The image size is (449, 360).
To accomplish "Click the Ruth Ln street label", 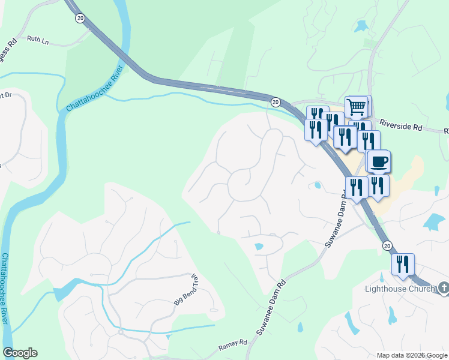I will click(x=37, y=40).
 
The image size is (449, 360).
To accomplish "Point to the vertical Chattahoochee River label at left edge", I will click(x=5, y=288).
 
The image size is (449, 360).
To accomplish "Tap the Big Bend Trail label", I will click(x=186, y=290).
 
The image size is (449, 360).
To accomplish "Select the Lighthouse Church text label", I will click(x=400, y=289).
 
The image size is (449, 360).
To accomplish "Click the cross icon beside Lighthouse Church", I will click(x=444, y=289).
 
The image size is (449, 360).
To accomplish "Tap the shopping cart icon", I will click(x=357, y=107).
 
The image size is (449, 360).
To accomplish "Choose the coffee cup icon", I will click(x=379, y=161).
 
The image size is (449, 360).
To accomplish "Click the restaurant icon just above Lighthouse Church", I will click(x=403, y=264).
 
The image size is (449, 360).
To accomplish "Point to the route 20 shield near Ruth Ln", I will click(x=80, y=19).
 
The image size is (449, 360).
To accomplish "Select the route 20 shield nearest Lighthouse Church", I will click(x=387, y=245).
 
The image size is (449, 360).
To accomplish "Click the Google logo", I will click(x=20, y=353).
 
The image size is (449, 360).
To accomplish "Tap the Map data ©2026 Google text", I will click(x=412, y=355).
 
